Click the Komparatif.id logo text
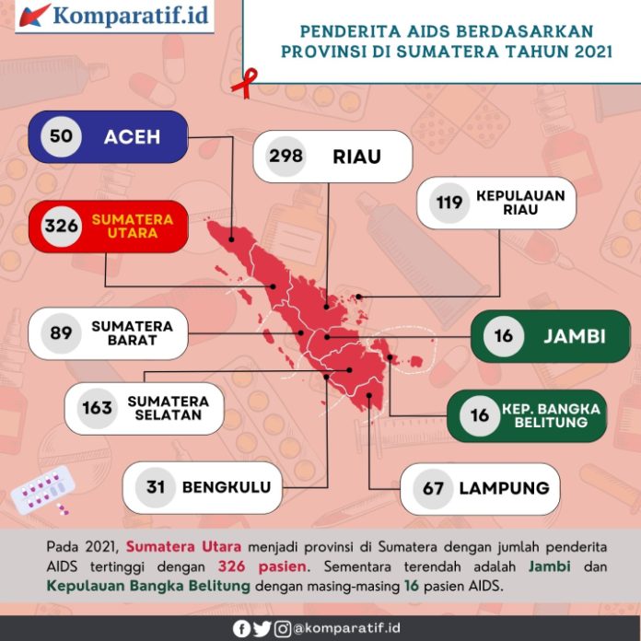click(131, 16)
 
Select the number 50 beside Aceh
click(62, 136)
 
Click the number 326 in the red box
click(61, 227)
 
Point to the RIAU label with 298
click(356, 157)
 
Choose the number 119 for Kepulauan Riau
click(450, 203)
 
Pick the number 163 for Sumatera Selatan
click(97, 407)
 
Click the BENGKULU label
click(227, 487)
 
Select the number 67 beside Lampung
click(434, 488)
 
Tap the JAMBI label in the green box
click(574, 336)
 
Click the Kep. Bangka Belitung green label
click(552, 415)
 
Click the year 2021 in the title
click(586, 52)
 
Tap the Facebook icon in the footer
click(241, 629)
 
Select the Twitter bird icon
click(262, 629)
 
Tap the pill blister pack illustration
click(39, 490)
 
